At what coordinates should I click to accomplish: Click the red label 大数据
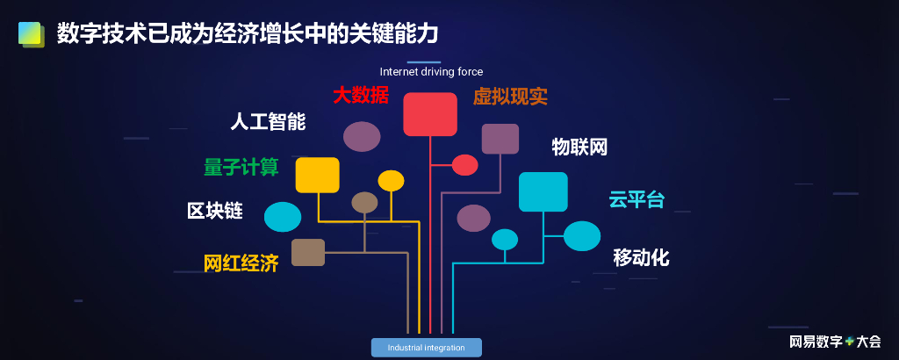coord(360,95)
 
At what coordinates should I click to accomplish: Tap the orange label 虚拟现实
coord(510,97)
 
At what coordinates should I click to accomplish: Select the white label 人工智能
coord(268,122)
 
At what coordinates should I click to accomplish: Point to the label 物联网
coord(579,147)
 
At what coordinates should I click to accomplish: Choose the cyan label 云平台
coord(636,199)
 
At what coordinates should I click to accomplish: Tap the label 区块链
coord(214,212)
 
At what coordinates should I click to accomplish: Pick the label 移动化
coord(641,257)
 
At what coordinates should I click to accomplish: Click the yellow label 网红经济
coord(241,263)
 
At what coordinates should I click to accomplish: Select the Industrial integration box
coord(427,348)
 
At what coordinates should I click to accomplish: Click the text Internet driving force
coord(431,72)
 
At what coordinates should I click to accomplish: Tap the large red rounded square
coord(430,114)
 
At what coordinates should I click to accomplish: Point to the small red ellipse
coord(464,164)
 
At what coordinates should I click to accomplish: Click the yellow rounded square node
coord(317,175)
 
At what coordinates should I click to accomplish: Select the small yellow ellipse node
coord(391,181)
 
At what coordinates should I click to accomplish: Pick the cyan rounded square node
coord(543,191)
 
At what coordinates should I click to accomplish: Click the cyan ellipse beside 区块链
coord(283,217)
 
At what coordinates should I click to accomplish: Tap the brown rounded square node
coord(308,252)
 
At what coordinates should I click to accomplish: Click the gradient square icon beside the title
coord(32,34)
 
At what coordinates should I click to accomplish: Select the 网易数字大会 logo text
coord(834,341)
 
